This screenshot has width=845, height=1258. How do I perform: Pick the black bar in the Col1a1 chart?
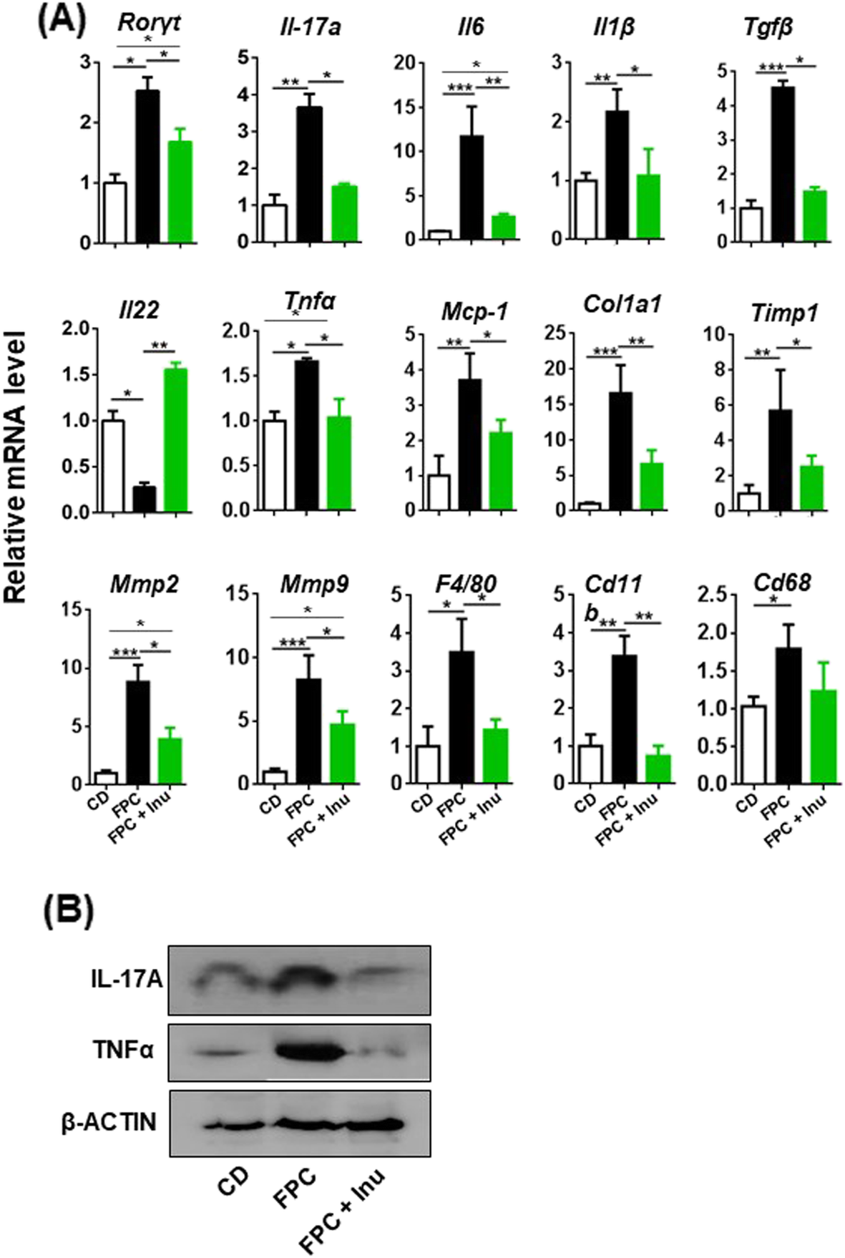tap(620, 451)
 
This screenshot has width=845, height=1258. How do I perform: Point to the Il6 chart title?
tap(471, 27)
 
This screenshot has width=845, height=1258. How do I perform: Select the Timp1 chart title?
tap(784, 313)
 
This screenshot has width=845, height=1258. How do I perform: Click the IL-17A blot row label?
tap(126, 979)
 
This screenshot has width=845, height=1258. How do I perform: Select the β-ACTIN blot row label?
tap(109, 1121)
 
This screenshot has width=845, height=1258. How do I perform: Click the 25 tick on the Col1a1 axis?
tap(555, 332)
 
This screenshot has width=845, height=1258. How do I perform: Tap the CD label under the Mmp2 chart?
tap(99, 801)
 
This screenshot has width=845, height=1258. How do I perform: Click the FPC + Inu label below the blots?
tap(342, 1209)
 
